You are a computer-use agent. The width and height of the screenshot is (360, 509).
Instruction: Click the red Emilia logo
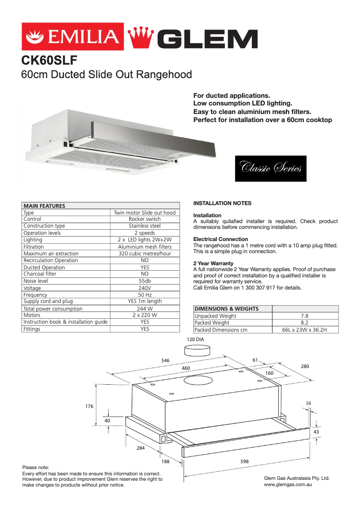(72, 36)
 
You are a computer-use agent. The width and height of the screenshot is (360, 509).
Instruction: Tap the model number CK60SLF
(50, 60)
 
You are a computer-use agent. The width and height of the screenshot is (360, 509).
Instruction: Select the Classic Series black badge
(271, 169)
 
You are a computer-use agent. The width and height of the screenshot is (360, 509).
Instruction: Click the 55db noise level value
(145, 281)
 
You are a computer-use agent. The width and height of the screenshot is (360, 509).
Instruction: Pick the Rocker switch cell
(145, 219)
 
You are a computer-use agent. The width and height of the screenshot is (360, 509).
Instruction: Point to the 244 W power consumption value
(145, 309)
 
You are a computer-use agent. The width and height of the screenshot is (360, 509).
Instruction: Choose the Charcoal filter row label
(40, 274)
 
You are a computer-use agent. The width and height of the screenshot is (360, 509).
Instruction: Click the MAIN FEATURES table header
(44, 206)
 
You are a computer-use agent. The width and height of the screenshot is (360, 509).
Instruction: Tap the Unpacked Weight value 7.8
(304, 316)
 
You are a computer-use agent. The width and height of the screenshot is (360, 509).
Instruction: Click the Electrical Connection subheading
(220, 239)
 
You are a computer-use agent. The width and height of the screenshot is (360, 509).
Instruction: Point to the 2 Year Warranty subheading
(213, 263)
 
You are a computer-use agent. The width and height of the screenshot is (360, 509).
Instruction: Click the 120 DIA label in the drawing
(195, 340)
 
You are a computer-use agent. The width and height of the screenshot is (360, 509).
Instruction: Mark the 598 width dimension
(245, 461)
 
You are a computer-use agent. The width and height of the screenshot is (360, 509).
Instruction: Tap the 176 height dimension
(89, 406)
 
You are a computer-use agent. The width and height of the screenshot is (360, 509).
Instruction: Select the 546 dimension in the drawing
(165, 360)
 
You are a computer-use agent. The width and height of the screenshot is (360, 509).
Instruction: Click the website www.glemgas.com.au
(288, 485)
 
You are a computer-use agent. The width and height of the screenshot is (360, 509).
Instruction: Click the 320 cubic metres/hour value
(145, 254)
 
